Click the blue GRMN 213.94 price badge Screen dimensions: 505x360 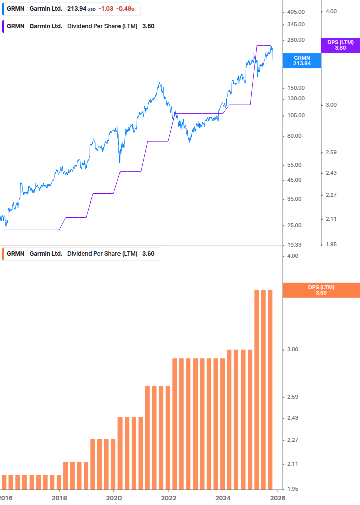coord(302,61)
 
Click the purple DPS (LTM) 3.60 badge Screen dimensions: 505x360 coord(340,45)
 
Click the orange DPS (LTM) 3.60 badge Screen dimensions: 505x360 coord(321,290)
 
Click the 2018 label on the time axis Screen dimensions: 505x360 coord(59,497)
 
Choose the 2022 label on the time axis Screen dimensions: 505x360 coord(169,497)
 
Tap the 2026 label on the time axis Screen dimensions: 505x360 coord(278,497)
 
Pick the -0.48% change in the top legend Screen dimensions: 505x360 coord(125,9)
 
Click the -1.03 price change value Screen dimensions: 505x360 coord(106,9)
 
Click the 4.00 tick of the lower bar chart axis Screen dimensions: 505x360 coord(292,256)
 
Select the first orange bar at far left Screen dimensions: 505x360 coord(4,482)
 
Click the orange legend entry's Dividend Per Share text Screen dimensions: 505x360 coord(102,254)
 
